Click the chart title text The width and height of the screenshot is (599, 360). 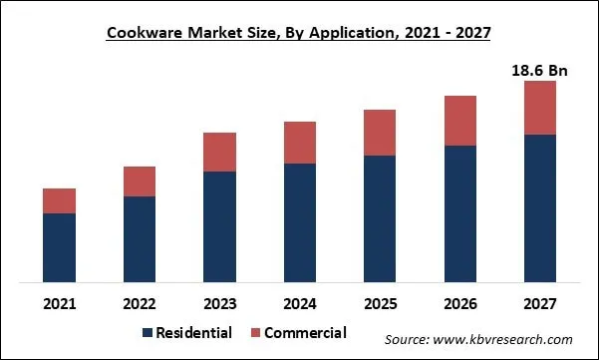[299, 32]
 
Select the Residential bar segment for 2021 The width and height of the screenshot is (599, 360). [59, 247]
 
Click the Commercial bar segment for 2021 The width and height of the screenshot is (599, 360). [59, 200]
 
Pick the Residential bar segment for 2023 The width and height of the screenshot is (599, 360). [219, 226]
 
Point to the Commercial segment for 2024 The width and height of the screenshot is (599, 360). [299, 143]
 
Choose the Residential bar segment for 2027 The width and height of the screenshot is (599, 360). [539, 207]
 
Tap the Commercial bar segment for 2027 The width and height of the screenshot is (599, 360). [539, 108]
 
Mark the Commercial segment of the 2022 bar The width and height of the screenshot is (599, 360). [140, 181]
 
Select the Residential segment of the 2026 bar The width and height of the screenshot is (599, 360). [459, 213]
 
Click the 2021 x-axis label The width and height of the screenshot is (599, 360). [59, 301]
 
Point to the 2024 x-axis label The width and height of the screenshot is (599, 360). [299, 301]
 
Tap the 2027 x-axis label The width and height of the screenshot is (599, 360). [539, 301]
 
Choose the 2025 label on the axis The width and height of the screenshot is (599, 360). [379, 301]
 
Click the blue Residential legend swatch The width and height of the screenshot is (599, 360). [149, 333]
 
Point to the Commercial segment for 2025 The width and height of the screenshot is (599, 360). [379, 133]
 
